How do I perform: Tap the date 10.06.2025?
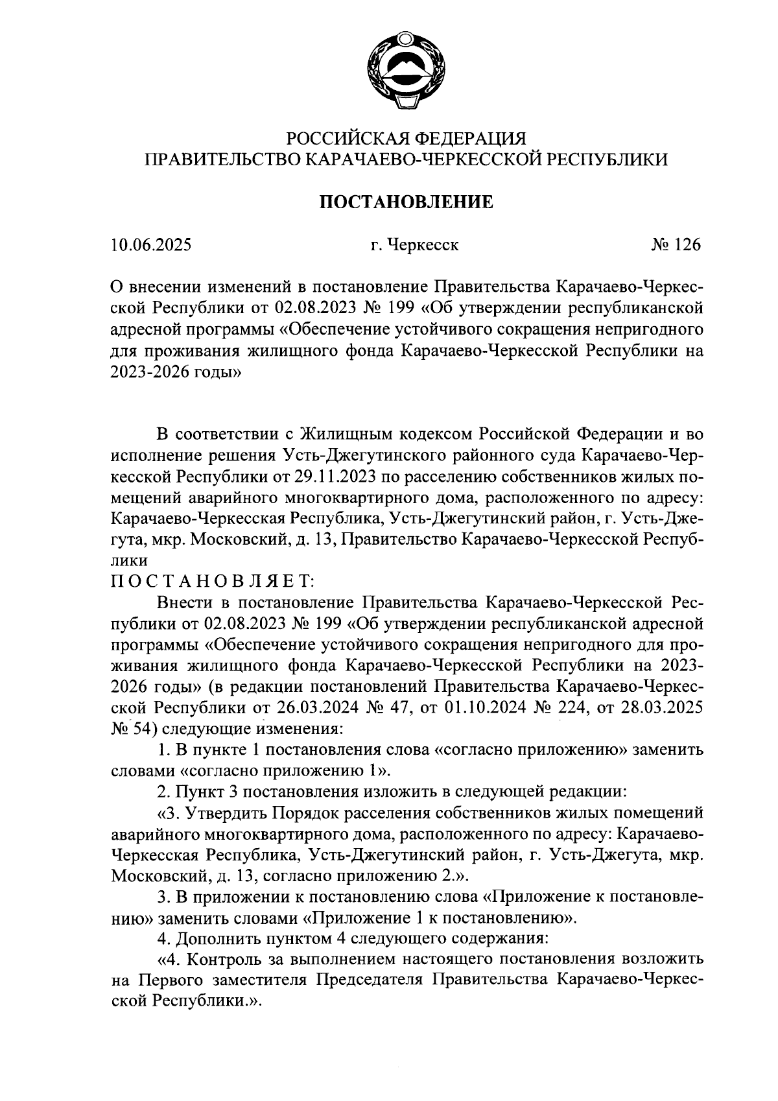pyautogui.click(x=151, y=246)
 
